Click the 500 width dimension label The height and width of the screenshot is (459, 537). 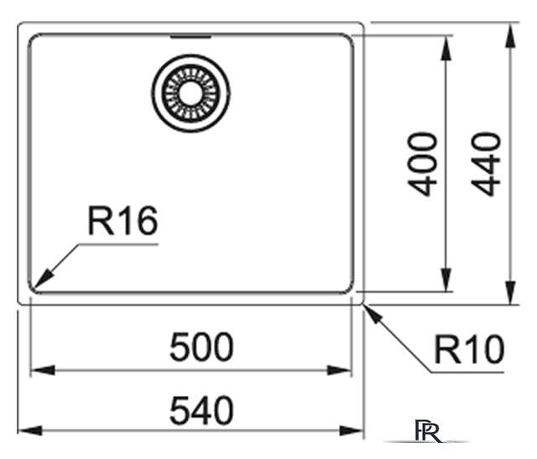tap(201, 347)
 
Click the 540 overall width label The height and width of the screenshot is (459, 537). tap(201, 410)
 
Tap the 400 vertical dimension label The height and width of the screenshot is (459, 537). tap(422, 164)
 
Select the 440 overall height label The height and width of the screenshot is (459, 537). tap(486, 164)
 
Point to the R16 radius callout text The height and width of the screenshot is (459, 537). tap(123, 221)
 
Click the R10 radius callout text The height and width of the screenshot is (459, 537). tap(470, 349)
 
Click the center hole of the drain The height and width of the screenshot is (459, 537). tap(190, 93)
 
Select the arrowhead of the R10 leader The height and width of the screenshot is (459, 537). tap(373, 314)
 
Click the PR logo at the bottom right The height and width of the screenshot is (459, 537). tap(428, 430)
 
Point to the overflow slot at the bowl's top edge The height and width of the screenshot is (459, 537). tap(190, 36)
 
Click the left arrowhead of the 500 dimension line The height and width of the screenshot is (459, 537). tap(43, 370)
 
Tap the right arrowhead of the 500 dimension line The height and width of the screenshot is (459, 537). tap(339, 370)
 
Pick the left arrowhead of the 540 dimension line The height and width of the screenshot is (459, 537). tap(30, 430)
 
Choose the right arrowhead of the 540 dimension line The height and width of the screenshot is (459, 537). tap(351, 430)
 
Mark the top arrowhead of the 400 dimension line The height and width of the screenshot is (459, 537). tap(446, 48)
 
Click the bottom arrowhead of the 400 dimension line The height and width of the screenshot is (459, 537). tap(446, 280)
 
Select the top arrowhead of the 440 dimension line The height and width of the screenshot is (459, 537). tap(510, 35)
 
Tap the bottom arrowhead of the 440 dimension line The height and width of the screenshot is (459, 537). tap(510, 293)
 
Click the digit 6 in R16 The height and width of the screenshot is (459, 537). tap(147, 221)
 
